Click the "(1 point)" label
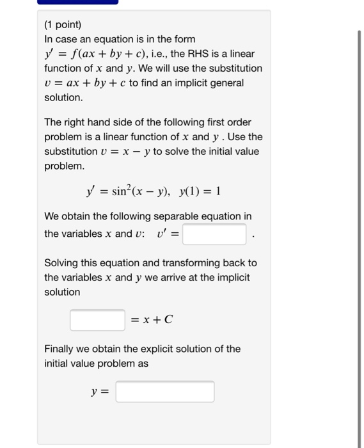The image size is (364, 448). tap(63, 26)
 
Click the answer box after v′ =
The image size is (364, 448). tap(215, 234)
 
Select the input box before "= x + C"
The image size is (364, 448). tap(97, 319)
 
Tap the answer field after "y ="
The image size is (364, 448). tap(165, 391)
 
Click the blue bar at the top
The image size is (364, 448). tap(76, 2)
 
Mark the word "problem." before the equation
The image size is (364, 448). tap(64, 166)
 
